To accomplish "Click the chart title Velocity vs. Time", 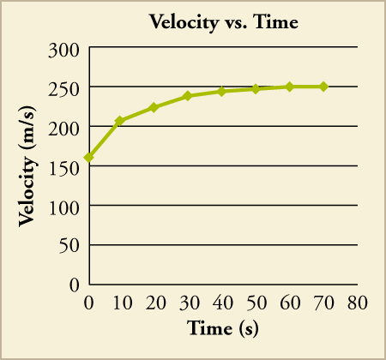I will pos(223,22).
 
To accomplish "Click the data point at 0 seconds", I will pos(88,158).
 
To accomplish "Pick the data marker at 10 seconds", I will pos(120,121).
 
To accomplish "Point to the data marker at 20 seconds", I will pos(154,107).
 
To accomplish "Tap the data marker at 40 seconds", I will pos(221,91).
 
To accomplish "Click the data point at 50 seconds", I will pos(256,89).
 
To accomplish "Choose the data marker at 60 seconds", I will pos(289,87).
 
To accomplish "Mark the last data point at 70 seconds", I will pos(323,87).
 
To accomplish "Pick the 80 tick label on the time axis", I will pos(358,303).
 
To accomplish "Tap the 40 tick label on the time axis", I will pos(222,303).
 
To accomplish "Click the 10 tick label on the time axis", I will pos(121,303).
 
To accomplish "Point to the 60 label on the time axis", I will pos(290,303).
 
